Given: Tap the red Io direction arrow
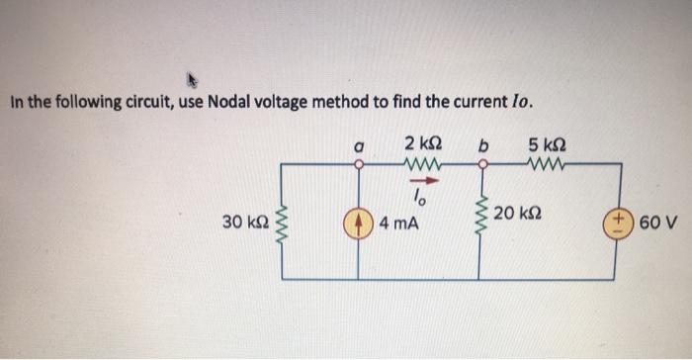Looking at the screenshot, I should click(422, 182).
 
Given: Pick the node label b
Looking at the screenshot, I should click(483, 144).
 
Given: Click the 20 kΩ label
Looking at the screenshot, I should click(521, 215).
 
